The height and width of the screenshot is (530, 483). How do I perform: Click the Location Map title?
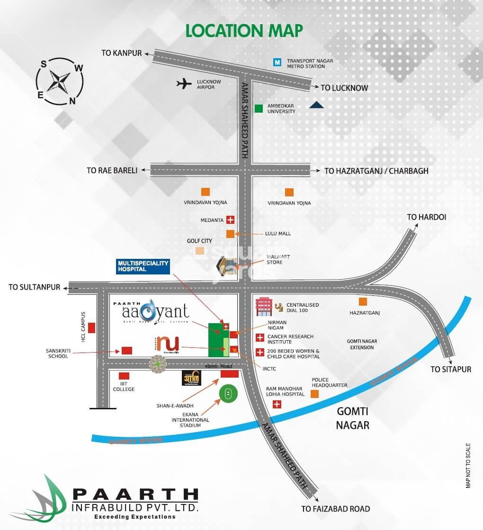tap(244, 30)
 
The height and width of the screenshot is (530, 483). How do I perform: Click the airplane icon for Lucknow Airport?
tap(183, 84)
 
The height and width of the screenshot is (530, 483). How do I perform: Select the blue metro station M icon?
tap(277, 62)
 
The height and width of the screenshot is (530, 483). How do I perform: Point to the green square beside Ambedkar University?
tap(259, 108)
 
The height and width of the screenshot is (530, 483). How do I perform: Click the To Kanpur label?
tap(121, 53)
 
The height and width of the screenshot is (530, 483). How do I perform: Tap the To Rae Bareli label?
tap(112, 170)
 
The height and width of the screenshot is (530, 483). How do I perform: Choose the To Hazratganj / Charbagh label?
tap(376, 171)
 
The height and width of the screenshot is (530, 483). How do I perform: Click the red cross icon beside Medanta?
tap(231, 220)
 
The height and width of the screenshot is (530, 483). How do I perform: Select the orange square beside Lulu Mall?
tap(230, 234)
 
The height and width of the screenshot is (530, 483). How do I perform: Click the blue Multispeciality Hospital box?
tap(143, 267)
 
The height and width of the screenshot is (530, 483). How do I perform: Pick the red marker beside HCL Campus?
tap(91, 327)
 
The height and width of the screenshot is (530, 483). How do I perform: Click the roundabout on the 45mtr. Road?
tap(158, 363)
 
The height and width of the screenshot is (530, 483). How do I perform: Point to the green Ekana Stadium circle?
tap(228, 393)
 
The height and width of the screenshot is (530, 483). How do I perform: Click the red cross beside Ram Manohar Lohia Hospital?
tap(277, 404)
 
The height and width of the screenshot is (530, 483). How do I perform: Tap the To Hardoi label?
tap(427, 217)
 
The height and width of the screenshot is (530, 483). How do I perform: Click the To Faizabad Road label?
tap(335, 509)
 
